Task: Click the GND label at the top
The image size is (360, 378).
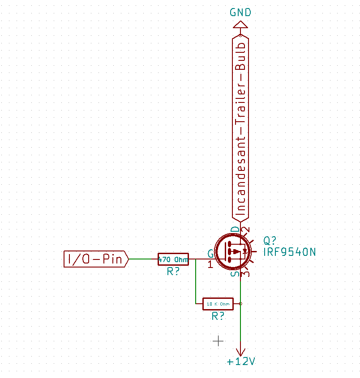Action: pos(240,12)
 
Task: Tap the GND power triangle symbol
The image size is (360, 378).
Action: pos(240,25)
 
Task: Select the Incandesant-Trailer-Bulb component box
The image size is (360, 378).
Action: pos(240,128)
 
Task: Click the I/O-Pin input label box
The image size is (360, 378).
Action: pos(96,259)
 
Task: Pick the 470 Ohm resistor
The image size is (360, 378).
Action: pos(173,259)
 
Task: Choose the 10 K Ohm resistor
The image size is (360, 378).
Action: pos(218,304)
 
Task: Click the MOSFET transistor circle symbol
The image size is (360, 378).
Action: pos(233,252)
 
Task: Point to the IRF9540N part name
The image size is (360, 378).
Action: pos(289,252)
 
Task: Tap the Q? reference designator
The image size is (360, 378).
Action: pos(270,241)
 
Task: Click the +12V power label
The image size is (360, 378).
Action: pos(241,361)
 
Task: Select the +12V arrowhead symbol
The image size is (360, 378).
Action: pos(240,352)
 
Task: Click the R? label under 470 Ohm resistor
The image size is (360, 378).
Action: pos(173,272)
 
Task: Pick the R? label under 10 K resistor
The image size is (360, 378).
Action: pos(218,316)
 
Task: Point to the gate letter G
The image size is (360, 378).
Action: pos(210,253)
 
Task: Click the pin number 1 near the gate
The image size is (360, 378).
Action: pos(210,264)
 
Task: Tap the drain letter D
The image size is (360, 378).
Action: pos(235,229)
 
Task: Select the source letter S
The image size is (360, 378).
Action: pos(235,274)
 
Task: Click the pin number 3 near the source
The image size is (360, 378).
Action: pos(246,274)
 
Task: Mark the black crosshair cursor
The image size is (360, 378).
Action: pos(218,341)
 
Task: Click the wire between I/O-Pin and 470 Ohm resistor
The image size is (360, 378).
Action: pos(143,259)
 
